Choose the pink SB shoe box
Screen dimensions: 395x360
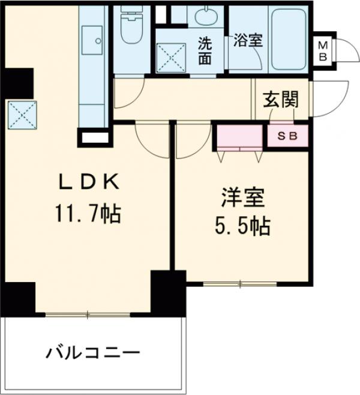point(287,136)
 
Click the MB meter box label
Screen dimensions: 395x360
point(323,50)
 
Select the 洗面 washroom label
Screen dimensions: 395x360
point(205,51)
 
